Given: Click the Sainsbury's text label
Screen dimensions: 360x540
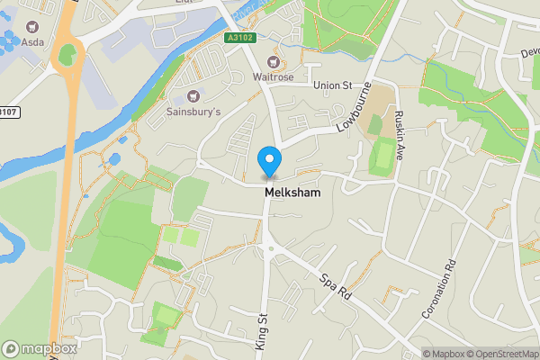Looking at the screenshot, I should (193, 113).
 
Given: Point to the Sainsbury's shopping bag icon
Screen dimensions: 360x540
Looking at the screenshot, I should (192, 96).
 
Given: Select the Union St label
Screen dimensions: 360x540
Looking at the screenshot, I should (332, 85).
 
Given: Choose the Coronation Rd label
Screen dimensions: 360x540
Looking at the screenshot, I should (439, 290).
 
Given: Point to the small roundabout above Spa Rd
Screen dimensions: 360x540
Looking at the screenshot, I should (268, 249).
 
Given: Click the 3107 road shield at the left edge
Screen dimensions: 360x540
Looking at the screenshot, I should (8, 112).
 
